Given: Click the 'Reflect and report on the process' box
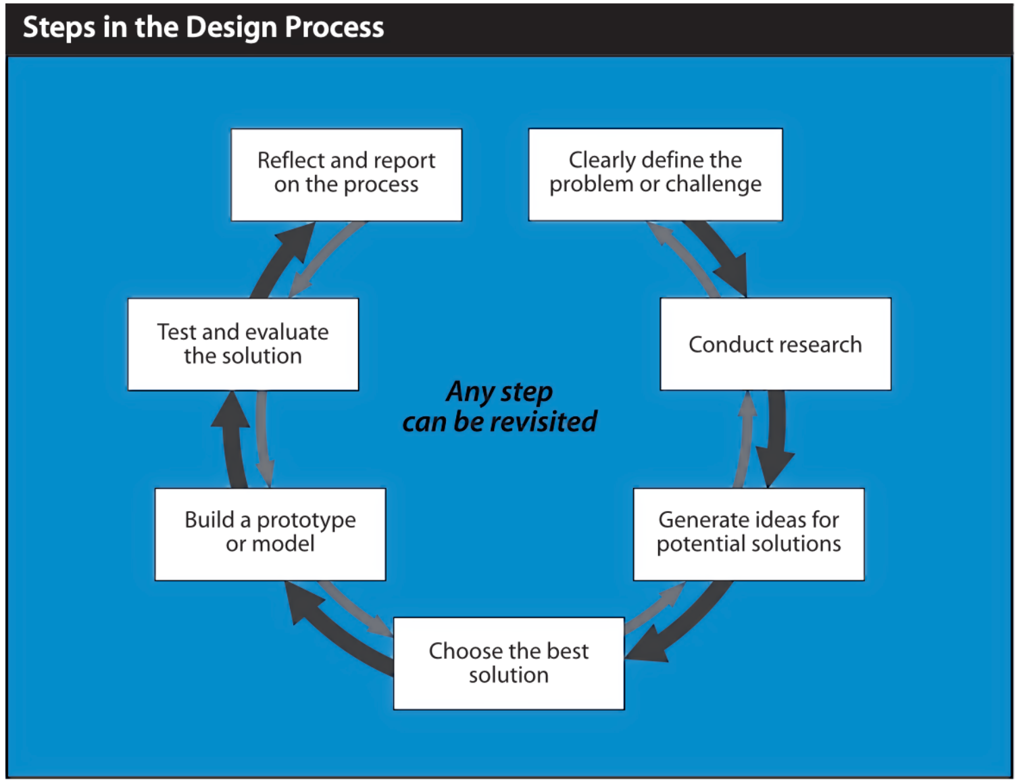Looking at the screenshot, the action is (346, 174).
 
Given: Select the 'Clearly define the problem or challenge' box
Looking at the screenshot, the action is (655, 174).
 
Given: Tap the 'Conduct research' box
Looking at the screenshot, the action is (775, 344).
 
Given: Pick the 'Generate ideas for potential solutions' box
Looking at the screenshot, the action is (749, 534).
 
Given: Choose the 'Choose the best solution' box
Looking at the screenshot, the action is (509, 663).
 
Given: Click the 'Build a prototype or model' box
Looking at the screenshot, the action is (270, 534).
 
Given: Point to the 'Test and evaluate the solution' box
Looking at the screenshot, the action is (243, 344).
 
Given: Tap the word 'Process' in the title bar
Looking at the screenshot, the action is (334, 27).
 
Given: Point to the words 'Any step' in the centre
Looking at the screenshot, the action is (499, 392).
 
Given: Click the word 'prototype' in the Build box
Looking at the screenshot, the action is (306, 520).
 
